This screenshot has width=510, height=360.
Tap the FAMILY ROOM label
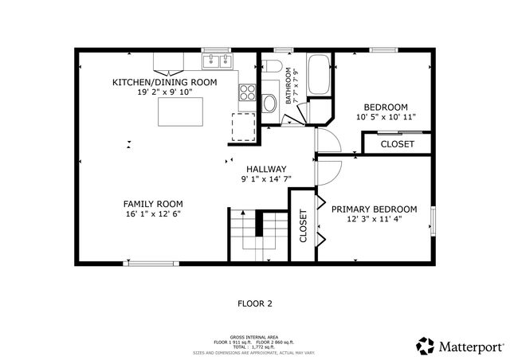[153, 204]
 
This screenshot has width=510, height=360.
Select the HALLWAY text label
[266, 169]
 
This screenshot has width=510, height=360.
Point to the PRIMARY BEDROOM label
[374, 209]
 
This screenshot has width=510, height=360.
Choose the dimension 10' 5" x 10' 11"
[386, 118]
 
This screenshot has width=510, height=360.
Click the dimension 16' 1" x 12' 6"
[153, 214]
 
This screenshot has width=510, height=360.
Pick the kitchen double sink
[216, 61]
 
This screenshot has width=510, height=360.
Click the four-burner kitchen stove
[247, 91]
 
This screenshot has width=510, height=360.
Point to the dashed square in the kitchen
[242, 126]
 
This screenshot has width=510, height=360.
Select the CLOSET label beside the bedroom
[397, 144]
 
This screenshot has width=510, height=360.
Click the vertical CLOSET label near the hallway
[303, 225]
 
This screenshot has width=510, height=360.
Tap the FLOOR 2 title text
[255, 303]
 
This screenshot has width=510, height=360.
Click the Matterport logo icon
[426, 346]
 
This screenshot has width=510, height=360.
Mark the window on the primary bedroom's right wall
[433, 221]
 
